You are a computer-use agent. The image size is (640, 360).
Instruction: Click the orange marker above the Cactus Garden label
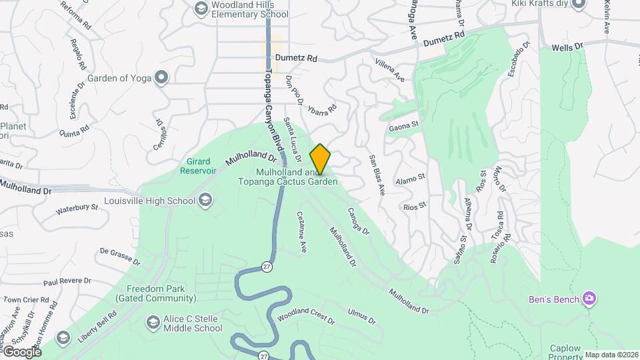pos(320,159)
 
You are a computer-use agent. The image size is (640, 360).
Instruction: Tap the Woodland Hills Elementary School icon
pos(201,8)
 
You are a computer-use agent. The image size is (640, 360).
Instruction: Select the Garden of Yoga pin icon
pos(161,78)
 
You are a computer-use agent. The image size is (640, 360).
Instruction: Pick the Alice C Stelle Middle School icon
pos(153,323)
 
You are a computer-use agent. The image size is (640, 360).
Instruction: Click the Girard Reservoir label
pos(198,166)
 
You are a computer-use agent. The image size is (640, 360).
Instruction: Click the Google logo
pos(21,351)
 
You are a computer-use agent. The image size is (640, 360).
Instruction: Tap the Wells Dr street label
pos(567,46)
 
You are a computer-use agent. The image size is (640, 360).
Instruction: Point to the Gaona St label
pos(403,125)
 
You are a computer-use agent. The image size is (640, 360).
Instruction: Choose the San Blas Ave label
pos(377,175)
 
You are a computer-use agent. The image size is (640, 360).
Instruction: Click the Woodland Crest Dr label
pos(306,316)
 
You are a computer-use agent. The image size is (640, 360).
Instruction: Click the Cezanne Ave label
pos(301,232)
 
